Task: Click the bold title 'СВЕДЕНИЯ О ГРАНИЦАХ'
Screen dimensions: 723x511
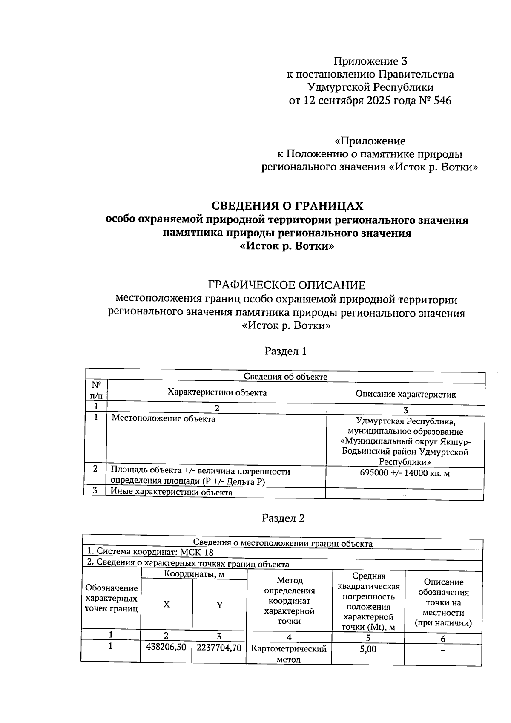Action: click(287, 206)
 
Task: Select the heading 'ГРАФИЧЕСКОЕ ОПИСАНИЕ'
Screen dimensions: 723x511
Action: click(286, 285)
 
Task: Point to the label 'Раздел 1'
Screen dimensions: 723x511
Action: click(285, 351)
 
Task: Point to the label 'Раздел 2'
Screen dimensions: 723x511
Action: click(283, 518)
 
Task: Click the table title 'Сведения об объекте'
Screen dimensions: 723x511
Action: click(285, 377)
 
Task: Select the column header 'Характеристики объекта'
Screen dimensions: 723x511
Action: click(217, 392)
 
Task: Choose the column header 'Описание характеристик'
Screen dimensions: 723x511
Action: click(405, 394)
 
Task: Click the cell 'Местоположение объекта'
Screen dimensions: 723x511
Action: click(163, 419)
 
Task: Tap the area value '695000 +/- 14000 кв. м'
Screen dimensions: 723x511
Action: click(405, 473)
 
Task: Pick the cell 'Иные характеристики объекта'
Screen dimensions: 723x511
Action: click(171, 493)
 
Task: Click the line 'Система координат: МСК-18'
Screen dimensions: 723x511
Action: click(150, 553)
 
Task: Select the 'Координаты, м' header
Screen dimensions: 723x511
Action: click(194, 574)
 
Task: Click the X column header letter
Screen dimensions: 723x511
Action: click(167, 604)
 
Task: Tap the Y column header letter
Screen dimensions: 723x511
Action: click(219, 605)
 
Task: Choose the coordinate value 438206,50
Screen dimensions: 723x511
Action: click(166, 647)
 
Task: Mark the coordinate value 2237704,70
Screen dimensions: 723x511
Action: click(219, 648)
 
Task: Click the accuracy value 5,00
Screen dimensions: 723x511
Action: click(368, 649)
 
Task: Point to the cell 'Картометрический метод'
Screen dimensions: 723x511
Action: click(289, 654)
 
